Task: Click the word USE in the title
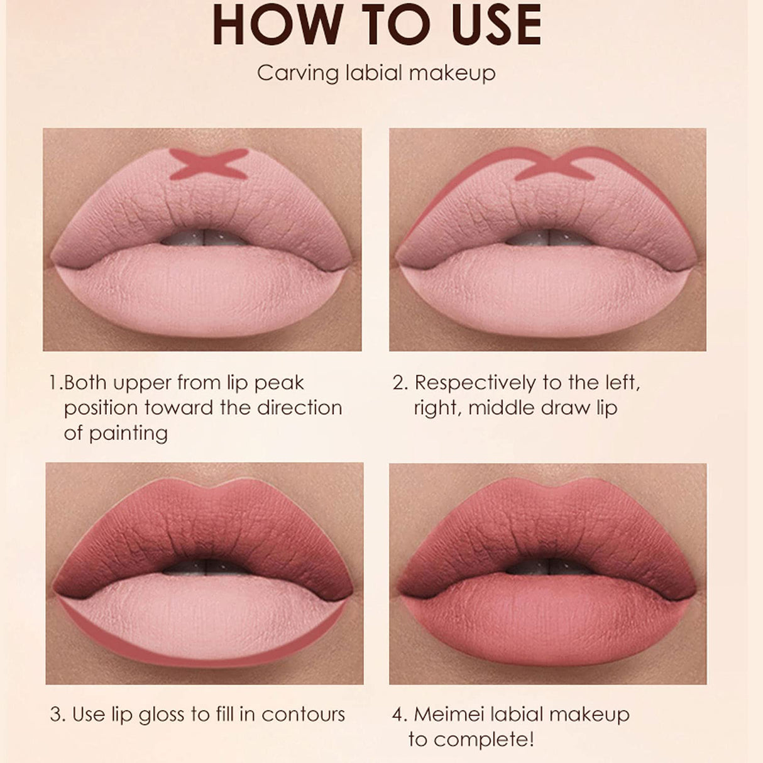(491, 24)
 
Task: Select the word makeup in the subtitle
(451, 73)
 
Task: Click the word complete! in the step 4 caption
(481, 739)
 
